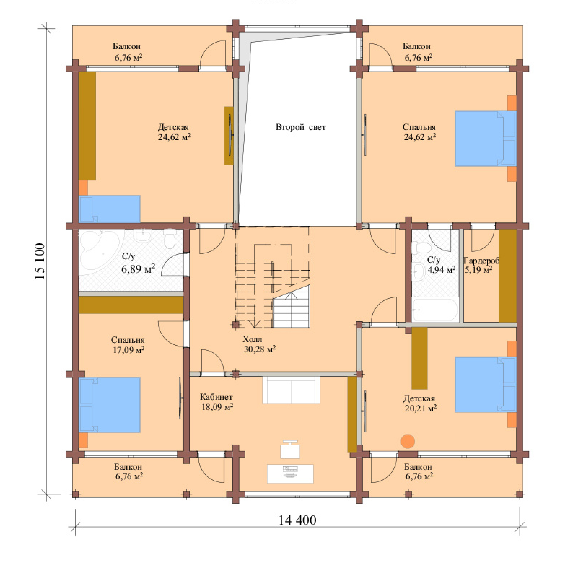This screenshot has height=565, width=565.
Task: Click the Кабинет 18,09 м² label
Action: [216, 402]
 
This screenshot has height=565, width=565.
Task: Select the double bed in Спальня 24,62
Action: [485, 138]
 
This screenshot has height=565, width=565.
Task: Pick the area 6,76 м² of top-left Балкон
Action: [128, 58]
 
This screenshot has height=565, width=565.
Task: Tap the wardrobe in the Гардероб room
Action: [508, 275]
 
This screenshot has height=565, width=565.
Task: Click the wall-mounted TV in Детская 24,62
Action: [230, 135]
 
